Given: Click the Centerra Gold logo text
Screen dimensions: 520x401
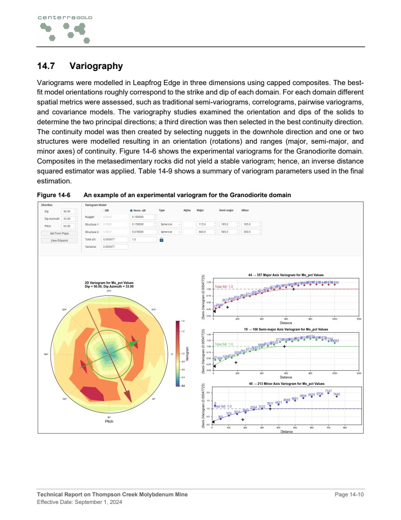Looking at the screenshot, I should coord(65,17).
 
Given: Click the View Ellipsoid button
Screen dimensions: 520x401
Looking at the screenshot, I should coord(60,241).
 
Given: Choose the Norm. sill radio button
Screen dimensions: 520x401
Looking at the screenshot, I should coord(131,210).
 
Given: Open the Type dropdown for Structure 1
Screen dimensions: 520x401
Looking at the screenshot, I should coord(171,225).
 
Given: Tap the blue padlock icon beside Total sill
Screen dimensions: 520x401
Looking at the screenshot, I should coord(162,240).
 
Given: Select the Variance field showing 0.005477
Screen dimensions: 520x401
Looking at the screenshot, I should coord(115,247).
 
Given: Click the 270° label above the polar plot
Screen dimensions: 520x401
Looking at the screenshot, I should coord(109,291).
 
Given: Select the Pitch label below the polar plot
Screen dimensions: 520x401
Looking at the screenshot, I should coord(109,421).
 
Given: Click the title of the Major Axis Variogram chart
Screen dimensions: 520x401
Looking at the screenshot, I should coord(285,275).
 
